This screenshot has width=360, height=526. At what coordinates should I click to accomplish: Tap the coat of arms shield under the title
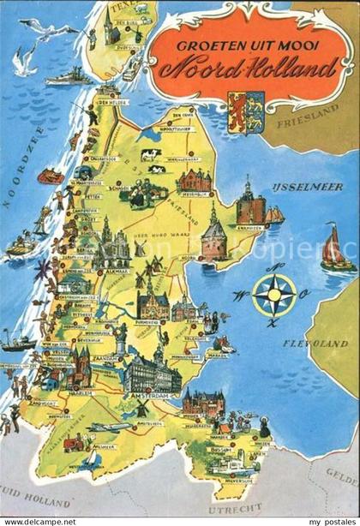tap(239, 111)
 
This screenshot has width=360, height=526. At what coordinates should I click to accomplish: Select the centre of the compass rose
tap(274, 296)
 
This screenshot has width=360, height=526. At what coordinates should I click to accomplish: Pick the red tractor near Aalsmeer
tap(74, 443)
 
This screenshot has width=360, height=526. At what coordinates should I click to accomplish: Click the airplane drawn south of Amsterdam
tap(110, 427)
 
